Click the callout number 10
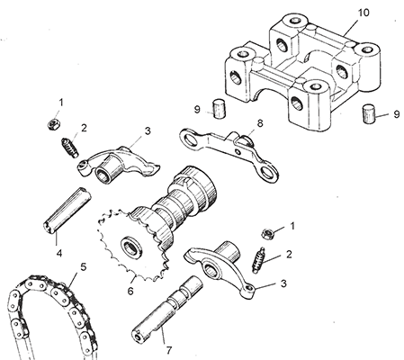pos(364,13)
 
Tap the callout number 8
pos(260,122)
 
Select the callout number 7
pos(169,350)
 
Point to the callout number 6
pos(130,291)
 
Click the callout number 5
pos(84,266)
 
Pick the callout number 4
pos(59,254)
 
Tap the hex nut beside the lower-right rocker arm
pos(268,234)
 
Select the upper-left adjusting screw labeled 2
pos(70,148)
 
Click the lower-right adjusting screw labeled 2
pos(258,260)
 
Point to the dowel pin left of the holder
pos(219,109)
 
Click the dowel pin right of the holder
pos(369,113)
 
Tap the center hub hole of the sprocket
pos(132,247)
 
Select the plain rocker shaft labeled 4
pos(67,210)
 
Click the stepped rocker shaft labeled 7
pos(167,310)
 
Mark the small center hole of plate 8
pos(238,152)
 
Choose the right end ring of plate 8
pos(267,172)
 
